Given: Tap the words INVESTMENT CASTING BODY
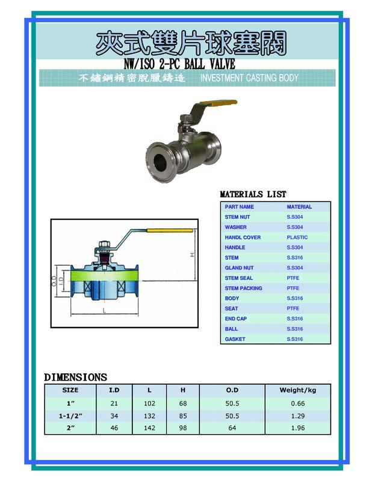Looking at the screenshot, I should pos(249,79).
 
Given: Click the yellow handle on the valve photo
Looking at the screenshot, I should pos(223,106).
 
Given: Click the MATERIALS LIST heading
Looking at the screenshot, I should pos(253,194).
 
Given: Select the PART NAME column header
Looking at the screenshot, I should pos(239,207).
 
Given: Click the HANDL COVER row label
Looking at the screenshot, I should pos(243,237).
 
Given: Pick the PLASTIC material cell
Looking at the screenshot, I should pos(297,237).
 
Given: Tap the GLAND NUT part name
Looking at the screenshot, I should pos(239,268).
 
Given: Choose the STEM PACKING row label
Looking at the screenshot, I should pos(243,289).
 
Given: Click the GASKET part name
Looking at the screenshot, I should pos(235,340).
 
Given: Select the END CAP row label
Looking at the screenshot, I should pos(235,319).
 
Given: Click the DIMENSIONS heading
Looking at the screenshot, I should pos(75,378).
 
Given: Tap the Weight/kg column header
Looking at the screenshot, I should pos(293,390).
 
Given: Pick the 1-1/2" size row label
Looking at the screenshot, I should pos(70,416).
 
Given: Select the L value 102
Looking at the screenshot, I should pos(149,403).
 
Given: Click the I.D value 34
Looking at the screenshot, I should pos(114,416).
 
